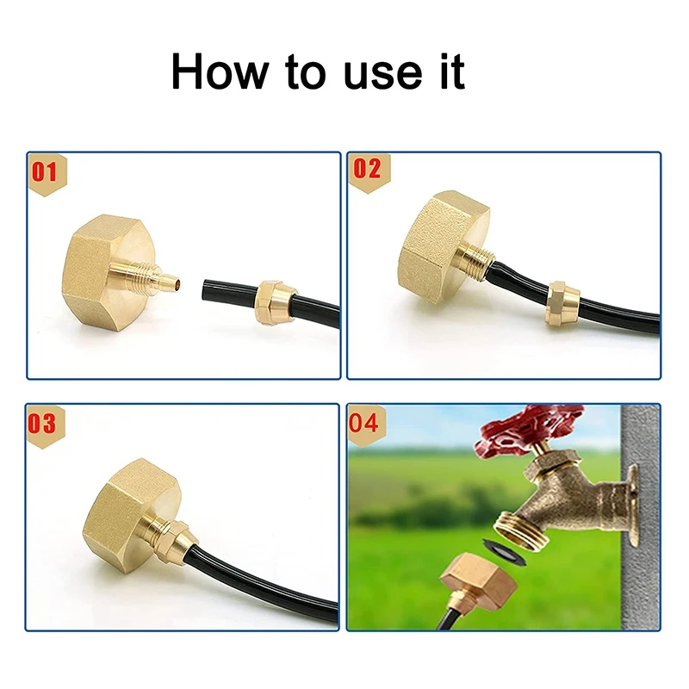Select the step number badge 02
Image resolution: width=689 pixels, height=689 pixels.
tap(367, 170)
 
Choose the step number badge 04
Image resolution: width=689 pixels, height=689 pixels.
tap(365, 423)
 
